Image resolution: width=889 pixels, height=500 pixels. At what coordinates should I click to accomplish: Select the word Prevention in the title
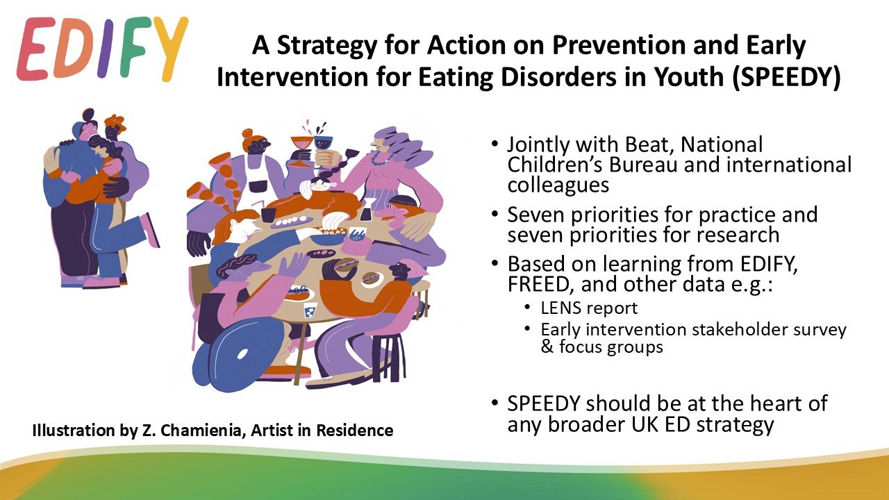point(619,45)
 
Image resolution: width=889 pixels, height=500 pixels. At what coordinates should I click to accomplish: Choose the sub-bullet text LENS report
point(589,308)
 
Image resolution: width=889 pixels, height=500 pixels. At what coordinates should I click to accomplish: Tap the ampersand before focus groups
point(547,347)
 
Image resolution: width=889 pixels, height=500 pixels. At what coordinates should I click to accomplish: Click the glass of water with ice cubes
point(310,310)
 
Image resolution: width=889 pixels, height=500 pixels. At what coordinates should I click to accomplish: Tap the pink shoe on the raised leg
point(150,230)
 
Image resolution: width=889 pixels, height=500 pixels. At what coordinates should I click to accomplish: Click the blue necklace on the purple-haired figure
point(382,159)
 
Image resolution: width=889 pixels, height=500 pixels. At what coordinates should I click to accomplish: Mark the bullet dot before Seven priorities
point(495,215)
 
